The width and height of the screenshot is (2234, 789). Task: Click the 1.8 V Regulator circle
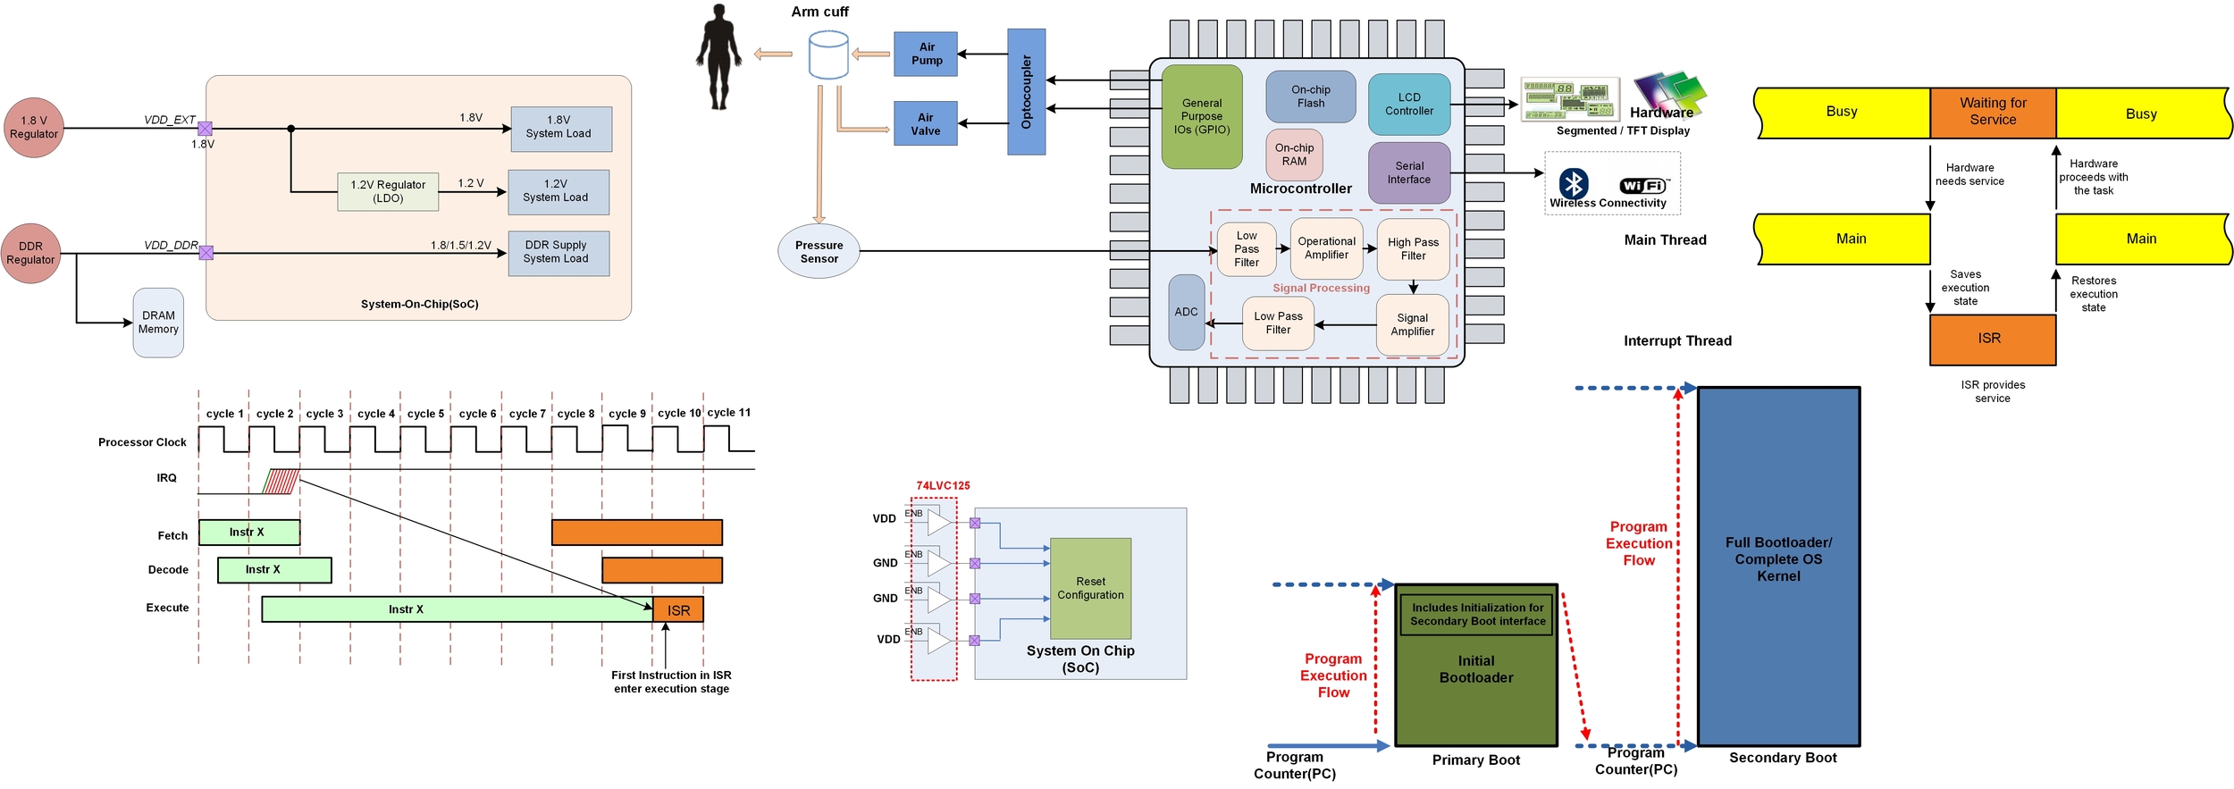coord(34,128)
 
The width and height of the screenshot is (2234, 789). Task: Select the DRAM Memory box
coord(158,323)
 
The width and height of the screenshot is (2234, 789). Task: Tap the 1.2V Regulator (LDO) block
coord(388,191)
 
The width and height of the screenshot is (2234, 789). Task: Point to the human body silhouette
coord(718,57)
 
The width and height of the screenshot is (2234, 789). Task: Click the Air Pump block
coord(926,54)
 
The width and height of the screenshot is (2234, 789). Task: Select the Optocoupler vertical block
coord(1026,91)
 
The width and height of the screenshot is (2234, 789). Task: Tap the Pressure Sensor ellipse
coord(819,252)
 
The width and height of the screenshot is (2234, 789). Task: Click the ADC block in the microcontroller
coord(1186,312)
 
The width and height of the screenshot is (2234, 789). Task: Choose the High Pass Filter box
coord(1413,248)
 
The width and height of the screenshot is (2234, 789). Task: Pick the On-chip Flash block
coord(1310,97)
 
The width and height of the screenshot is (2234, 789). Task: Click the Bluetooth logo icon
coord(1573,183)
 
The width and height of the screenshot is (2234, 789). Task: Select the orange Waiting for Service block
coord(1992,112)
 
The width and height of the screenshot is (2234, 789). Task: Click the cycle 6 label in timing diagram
coord(477,414)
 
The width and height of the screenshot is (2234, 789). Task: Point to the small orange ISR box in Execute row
coord(678,610)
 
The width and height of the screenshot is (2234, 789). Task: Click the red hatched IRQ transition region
coord(281,482)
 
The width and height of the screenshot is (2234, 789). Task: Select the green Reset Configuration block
coord(1090,588)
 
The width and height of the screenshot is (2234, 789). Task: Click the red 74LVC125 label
coord(942,485)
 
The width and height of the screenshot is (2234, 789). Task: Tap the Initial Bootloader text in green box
coord(1475,669)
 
